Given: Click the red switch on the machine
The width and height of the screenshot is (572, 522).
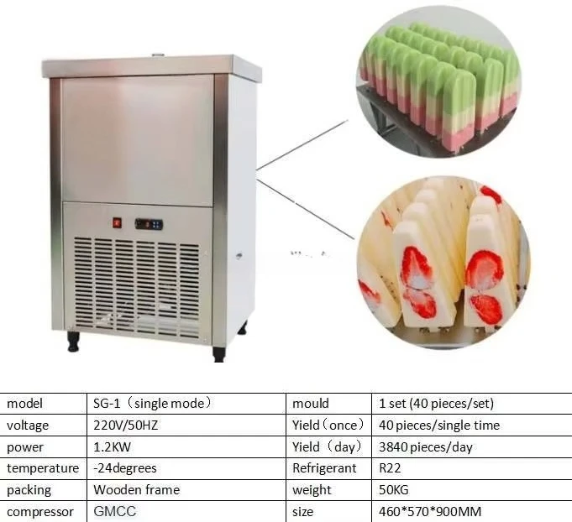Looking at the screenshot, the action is pos(118,223).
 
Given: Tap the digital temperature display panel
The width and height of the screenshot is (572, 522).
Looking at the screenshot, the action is pos(150,224).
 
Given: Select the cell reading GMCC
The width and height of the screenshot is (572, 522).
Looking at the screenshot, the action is pos(114,511).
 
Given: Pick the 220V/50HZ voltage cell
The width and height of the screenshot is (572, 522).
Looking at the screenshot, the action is pos(126,425).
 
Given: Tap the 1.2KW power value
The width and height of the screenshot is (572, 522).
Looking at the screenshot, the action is pos(113,447).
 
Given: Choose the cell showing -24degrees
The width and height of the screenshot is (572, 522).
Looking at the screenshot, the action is pos(125,468).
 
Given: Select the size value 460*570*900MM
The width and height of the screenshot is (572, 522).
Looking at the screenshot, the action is pos(429,511).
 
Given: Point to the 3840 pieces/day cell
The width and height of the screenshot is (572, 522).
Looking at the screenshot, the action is pos(427,447).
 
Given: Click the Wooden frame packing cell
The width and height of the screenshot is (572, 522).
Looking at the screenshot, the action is pos(136,490).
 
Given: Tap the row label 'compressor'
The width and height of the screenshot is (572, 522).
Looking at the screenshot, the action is pos(40,511).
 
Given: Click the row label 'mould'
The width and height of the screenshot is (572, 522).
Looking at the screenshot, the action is pos(311,404).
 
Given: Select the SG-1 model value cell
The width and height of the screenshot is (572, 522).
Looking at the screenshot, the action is pos(152,404).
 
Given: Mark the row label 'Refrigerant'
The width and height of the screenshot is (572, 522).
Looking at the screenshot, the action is pos(324,468).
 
